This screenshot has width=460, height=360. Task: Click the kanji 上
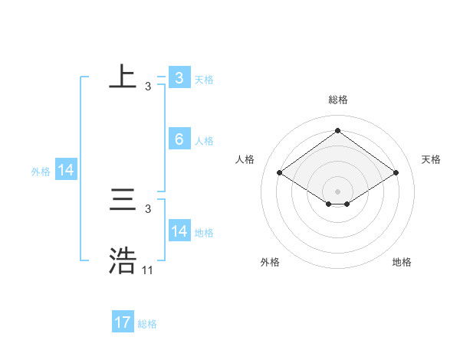click(123, 77)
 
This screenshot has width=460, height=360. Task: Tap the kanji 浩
click(123, 261)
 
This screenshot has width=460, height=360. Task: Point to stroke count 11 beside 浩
click(148, 270)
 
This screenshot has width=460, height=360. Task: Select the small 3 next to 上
click(148, 87)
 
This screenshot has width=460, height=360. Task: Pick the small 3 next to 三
click(148, 209)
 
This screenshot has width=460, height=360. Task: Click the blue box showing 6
click(179, 139)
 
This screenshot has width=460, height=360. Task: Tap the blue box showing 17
click(123, 322)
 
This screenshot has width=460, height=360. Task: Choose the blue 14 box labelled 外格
click(66, 171)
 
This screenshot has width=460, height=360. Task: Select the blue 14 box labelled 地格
click(179, 231)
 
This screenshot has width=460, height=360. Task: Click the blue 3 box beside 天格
click(179, 78)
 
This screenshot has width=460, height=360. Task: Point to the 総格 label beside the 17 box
click(147, 324)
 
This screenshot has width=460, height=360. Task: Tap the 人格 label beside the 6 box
click(204, 141)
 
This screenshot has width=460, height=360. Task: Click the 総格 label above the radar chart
click(337, 100)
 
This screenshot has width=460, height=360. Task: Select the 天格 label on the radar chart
click(431, 159)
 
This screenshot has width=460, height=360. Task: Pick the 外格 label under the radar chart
click(270, 262)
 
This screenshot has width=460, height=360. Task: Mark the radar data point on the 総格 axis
click(337, 131)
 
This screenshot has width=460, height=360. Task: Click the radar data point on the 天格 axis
click(396, 173)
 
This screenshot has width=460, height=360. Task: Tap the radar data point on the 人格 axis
click(280, 173)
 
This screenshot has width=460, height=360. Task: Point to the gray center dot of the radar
click(337, 191)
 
